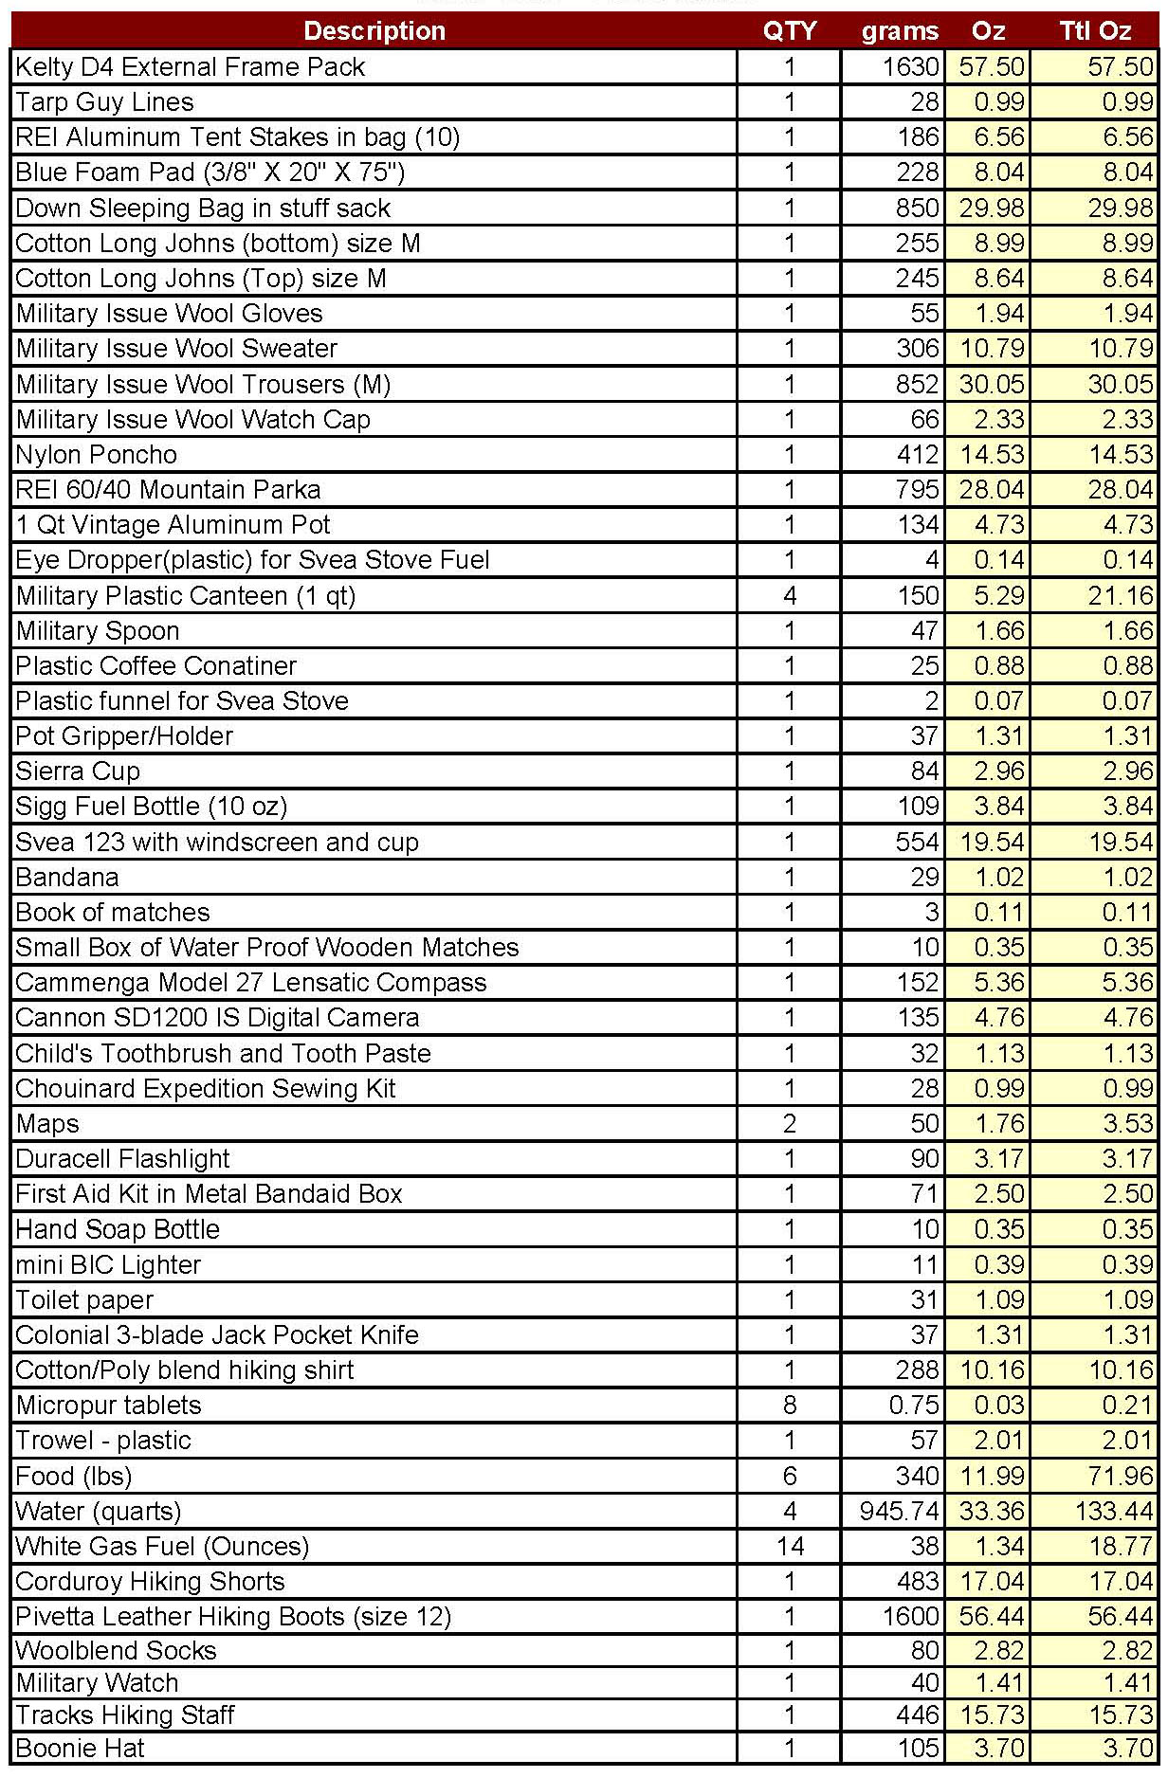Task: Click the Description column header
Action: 374,30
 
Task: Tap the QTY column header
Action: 789,30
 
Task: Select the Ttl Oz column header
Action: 1095,30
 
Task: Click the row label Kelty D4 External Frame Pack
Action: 191,66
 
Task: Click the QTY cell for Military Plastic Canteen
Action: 789,595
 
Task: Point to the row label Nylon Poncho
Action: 97,454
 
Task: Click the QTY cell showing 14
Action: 789,1546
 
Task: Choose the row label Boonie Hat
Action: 81,1748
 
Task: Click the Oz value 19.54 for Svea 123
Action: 992,842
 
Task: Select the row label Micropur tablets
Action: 109,1405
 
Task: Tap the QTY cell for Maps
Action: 789,1123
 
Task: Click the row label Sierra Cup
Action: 78,771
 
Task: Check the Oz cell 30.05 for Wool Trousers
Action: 992,384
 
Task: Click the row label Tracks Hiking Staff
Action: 125,1714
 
